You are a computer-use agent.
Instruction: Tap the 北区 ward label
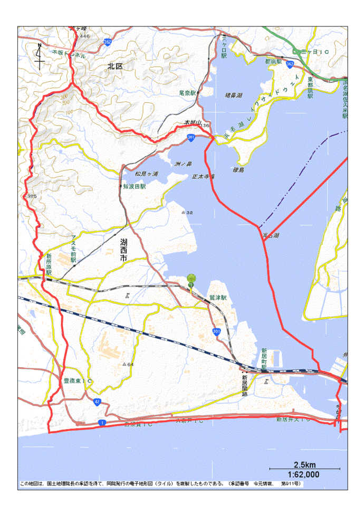114,66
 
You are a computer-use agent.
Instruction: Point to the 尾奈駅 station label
187,92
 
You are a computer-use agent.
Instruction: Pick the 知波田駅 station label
134,186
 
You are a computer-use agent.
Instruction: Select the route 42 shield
98,402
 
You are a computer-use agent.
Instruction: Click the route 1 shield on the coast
101,423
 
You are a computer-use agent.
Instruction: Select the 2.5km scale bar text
304,465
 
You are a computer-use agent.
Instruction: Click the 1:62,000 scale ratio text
304,474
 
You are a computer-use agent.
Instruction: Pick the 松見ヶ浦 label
146,174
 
